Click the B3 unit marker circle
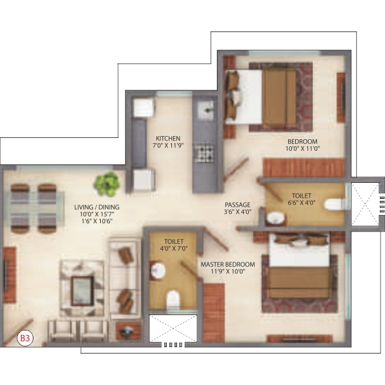(25, 338)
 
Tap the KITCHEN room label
(168, 138)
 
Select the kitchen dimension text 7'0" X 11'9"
(168, 146)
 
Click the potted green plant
(107, 184)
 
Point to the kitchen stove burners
(204, 153)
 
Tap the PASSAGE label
(237, 205)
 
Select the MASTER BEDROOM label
(228, 264)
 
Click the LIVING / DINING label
(97, 207)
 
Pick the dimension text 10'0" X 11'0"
(302, 149)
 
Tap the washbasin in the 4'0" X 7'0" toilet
(157, 270)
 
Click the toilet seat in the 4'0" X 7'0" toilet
(173, 300)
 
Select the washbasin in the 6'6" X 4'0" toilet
(275, 218)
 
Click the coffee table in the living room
(82, 291)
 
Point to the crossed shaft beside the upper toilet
(365, 204)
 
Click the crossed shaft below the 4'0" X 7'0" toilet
(173, 329)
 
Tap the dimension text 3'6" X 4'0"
(237, 212)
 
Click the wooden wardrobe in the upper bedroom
(304, 167)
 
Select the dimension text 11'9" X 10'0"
(228, 271)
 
